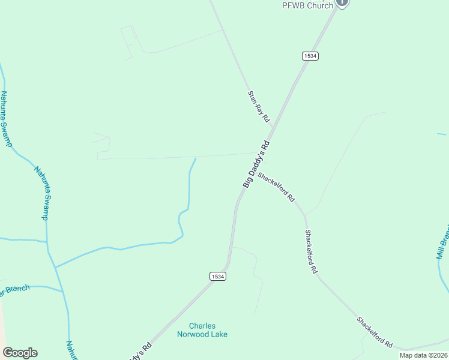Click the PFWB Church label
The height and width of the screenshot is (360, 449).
[x=307, y=5]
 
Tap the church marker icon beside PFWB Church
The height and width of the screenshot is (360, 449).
[x=342, y=2]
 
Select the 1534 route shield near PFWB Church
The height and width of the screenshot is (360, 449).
[x=310, y=56]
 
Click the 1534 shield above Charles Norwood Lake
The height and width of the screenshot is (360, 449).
[x=218, y=276]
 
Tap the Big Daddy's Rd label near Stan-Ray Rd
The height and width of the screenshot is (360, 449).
[x=258, y=164]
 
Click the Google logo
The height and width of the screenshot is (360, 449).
[x=20, y=353]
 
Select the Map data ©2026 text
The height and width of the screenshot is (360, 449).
[x=424, y=355]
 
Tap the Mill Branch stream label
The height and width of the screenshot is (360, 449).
[x=443, y=243]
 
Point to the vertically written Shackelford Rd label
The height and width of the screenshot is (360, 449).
[x=310, y=252]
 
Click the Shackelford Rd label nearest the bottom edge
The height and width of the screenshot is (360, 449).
[x=375, y=333]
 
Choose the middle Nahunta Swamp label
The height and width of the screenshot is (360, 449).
[x=41, y=193]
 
